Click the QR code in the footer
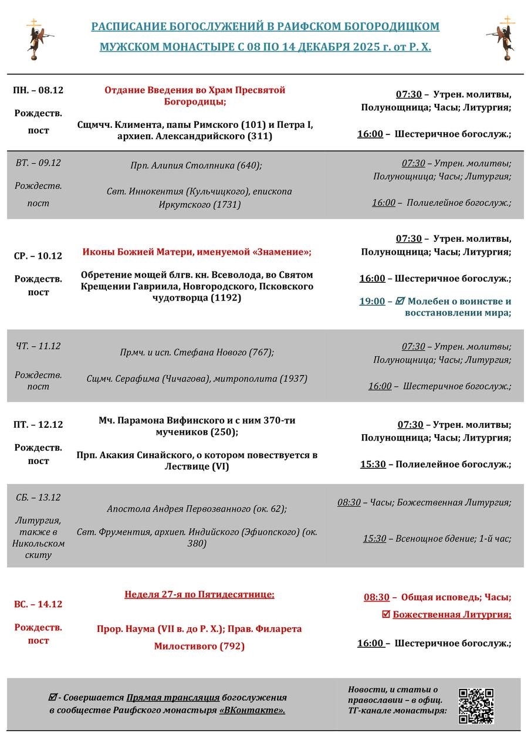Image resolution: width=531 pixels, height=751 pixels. [476, 706]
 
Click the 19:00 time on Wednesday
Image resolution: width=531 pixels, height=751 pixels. [372, 301]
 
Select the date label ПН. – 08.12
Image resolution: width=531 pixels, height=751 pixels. [38, 90]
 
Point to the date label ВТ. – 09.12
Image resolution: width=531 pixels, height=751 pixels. [38, 163]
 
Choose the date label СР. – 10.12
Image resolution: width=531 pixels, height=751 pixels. [38, 256]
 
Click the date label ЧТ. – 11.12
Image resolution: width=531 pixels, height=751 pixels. [38, 346]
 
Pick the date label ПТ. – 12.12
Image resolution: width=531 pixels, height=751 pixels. [38, 424]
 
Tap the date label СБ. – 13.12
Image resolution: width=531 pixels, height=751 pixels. [38, 497]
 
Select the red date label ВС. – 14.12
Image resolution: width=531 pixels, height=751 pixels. [38, 604]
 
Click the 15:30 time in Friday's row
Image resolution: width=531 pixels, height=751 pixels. [373, 464]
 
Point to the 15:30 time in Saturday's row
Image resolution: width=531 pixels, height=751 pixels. [374, 538]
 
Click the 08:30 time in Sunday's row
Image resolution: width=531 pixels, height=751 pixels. [376, 597]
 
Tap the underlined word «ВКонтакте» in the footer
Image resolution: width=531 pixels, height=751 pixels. [252, 711]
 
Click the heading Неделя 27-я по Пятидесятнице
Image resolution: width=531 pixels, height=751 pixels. [199, 594]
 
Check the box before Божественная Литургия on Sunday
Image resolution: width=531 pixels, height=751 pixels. [385, 615]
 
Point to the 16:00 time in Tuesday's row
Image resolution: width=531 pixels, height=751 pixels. [384, 202]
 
